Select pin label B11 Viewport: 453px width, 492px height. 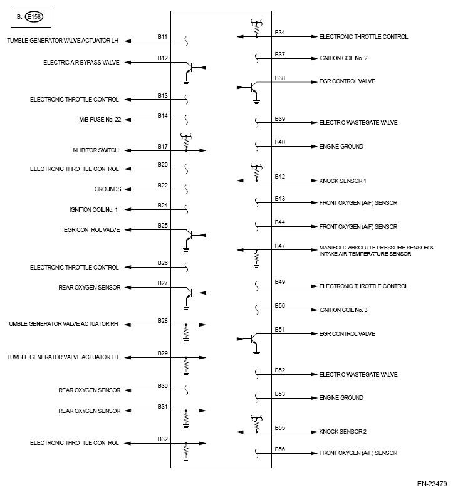click(162, 37)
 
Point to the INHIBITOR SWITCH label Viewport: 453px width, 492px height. click(95, 150)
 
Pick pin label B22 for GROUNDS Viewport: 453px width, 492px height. click(162, 185)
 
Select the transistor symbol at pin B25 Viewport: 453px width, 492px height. click(190, 236)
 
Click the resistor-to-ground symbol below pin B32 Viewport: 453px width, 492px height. click(186, 453)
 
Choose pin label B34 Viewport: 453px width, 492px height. click(279, 33)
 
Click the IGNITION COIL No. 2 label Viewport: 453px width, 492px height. click(343, 58)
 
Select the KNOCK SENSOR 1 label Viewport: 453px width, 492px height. click(343, 181)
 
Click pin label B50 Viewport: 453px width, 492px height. click(279, 306)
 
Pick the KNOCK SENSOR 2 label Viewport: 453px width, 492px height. click(343, 432)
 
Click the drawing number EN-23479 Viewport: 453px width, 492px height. click(432, 483)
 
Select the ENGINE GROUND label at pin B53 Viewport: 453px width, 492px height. click(341, 398)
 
